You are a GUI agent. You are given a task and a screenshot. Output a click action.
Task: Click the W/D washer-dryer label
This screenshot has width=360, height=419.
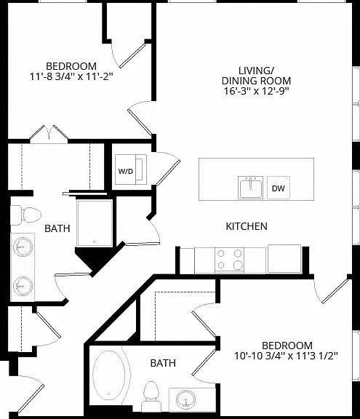(x=126, y=171)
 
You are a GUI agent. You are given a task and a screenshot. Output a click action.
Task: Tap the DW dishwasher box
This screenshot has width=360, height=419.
(x=279, y=188)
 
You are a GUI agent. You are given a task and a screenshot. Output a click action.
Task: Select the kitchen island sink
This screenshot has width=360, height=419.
(x=250, y=188)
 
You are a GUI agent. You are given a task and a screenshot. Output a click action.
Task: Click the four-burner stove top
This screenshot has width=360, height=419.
(x=229, y=259)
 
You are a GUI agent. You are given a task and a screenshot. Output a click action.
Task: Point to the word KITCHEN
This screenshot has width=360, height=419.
(x=247, y=226)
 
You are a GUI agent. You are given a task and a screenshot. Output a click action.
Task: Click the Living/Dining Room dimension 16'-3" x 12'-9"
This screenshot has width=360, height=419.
(x=257, y=91)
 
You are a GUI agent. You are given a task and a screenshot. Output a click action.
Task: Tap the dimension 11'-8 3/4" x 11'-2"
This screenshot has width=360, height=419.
(x=71, y=76)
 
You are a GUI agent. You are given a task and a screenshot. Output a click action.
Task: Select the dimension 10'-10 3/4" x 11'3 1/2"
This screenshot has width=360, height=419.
(x=286, y=356)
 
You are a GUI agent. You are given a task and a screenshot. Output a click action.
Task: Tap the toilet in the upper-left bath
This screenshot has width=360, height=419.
(x=25, y=215)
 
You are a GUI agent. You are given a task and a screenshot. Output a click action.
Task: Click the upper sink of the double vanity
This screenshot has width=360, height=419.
(x=23, y=247)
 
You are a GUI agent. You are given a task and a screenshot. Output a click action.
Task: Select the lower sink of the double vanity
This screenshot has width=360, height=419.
(x=23, y=286)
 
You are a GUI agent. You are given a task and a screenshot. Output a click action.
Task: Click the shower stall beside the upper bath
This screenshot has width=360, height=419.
(x=95, y=223)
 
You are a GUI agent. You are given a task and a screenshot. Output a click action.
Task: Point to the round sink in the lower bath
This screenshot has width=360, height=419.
(x=186, y=399)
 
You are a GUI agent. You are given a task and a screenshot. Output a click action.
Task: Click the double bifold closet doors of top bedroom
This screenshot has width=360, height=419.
(x=49, y=133)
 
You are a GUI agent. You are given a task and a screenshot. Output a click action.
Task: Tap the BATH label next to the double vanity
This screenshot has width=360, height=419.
(x=57, y=228)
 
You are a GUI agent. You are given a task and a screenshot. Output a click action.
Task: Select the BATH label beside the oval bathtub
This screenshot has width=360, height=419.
(x=163, y=363)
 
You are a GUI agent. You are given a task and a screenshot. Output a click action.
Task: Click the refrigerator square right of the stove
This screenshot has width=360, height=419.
(x=284, y=258)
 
